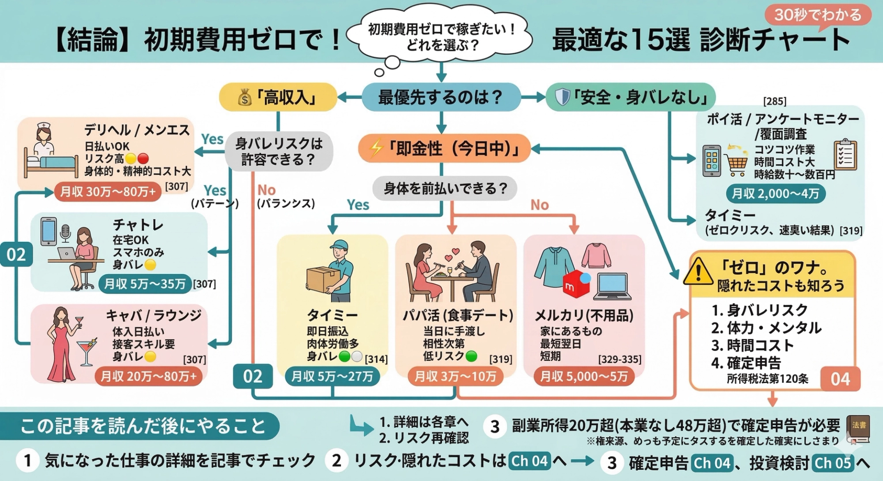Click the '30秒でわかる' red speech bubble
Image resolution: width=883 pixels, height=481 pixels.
[818, 15]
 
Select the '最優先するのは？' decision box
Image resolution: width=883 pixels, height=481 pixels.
[441, 97]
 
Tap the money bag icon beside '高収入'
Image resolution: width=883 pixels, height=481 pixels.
[245, 97]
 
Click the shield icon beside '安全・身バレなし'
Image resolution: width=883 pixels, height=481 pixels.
[562, 97]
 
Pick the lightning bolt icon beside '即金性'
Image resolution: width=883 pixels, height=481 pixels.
[377, 148]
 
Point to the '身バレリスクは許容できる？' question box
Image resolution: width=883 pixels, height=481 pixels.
[279, 151]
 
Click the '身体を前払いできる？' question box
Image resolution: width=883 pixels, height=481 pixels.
[445, 188]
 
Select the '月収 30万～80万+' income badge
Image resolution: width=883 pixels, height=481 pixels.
[108, 192]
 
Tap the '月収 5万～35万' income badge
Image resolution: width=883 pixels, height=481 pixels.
[144, 283]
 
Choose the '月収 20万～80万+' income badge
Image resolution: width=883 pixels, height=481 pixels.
[148, 376]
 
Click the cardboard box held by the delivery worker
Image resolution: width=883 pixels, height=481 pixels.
[322, 279]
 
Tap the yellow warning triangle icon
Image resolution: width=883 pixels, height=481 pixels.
[698, 272]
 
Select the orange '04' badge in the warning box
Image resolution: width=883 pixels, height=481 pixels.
[840, 379]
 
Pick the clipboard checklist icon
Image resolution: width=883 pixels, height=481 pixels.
[845, 155]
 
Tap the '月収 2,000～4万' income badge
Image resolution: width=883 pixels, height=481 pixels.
[775, 193]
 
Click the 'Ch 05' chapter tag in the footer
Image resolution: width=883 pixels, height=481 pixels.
[832, 462]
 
